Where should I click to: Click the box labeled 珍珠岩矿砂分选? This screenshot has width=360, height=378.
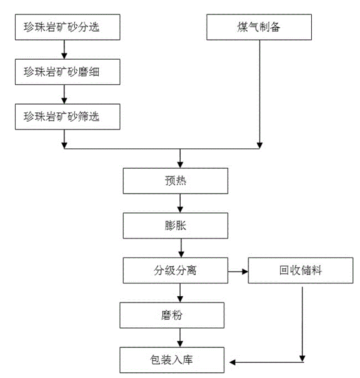click(62, 29)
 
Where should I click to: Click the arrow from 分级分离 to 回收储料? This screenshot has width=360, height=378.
click(237, 271)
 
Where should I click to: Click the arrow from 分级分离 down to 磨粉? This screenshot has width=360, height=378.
click(181, 293)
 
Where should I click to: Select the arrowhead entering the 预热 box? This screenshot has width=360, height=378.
click(181, 165)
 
